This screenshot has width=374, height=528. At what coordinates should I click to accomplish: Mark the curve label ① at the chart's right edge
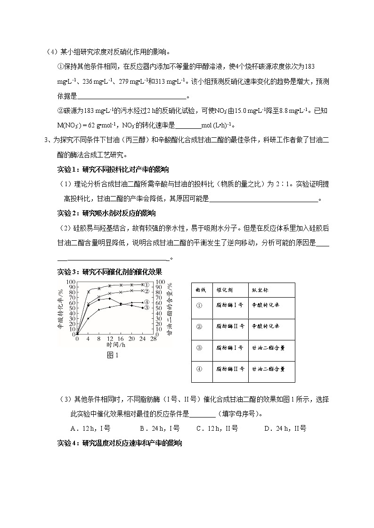pyautogui.click(x=147, y=285)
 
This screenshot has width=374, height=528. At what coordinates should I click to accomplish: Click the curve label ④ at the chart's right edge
pyautogui.click(x=147, y=302)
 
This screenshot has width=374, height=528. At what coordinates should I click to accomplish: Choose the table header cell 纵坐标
pyautogui.click(x=261, y=290)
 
